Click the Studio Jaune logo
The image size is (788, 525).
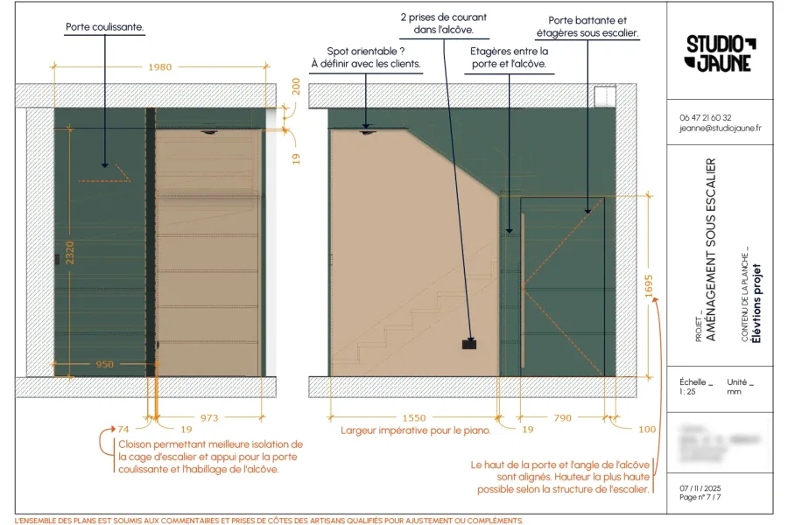coord(720,52)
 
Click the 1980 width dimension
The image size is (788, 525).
coord(160,67)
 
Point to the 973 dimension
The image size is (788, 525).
coord(210,418)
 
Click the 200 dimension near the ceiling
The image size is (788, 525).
coord(296,86)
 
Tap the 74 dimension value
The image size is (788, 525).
coord(123,429)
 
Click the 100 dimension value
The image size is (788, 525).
coord(646,429)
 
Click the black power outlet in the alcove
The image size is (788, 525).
coord(469,345)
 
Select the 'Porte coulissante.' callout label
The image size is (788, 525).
coord(105,27)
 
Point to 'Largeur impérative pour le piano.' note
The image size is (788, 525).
coord(416,430)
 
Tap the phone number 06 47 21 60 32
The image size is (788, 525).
coord(706,117)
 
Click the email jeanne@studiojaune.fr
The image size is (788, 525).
coord(720,128)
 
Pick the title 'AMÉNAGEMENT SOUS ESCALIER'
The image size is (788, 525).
coord(710,250)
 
